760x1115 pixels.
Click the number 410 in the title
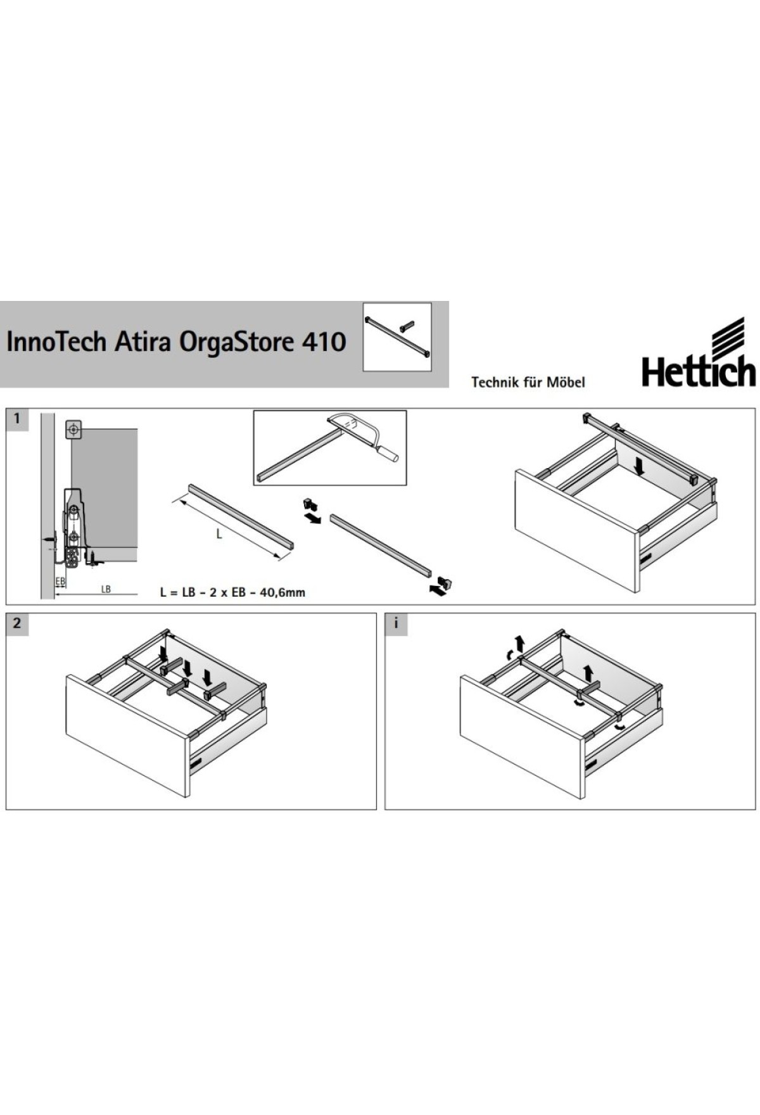point(324,342)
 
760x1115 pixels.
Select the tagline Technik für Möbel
point(528,382)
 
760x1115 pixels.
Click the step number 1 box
point(17,419)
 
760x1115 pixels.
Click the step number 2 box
point(17,623)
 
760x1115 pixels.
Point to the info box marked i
point(396,623)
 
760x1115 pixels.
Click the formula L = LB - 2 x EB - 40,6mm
point(232,593)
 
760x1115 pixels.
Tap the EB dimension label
point(60,580)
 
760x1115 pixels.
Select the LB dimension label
point(106,589)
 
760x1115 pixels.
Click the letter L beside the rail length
point(219,534)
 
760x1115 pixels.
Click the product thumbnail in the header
point(397,337)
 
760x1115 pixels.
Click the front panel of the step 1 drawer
point(578,531)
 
